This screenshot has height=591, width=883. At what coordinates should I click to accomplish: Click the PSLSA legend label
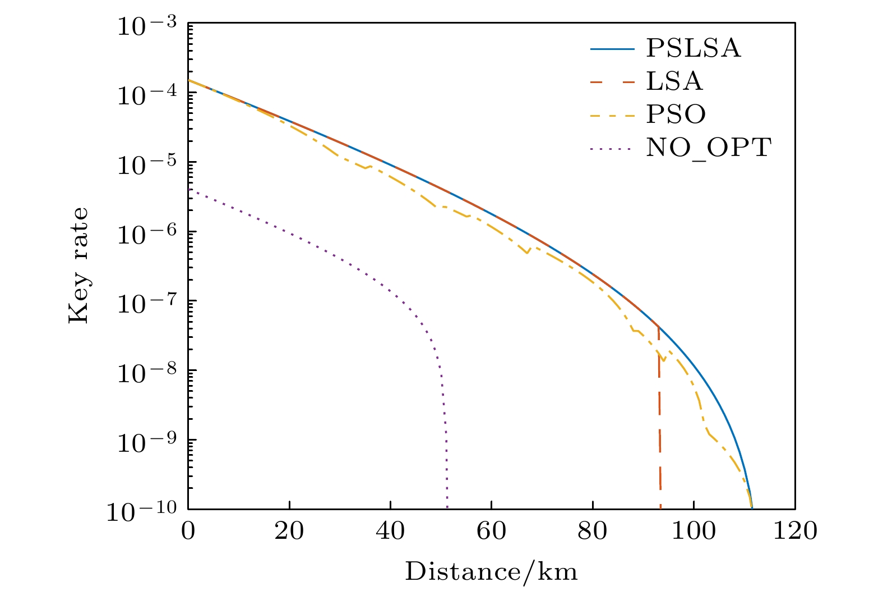point(693,49)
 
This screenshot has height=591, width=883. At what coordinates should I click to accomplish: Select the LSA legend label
point(674,82)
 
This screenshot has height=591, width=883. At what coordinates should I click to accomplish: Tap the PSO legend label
point(676,115)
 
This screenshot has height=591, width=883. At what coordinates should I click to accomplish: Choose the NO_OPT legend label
point(709,148)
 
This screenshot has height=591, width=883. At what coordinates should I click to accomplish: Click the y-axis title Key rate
point(78,265)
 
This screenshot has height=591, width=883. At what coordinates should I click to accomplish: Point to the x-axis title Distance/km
point(491,572)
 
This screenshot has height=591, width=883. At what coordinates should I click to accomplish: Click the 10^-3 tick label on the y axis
point(146,26)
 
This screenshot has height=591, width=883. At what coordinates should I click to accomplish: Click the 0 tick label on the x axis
point(188,530)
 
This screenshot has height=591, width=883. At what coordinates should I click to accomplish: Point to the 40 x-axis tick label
point(391,530)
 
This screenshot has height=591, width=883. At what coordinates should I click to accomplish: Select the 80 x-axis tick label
point(593,530)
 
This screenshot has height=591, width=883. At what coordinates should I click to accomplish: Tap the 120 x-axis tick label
point(794,530)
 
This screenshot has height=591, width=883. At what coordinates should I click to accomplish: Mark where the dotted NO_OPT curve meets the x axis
point(447,507)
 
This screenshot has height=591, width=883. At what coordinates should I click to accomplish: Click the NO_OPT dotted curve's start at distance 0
point(189,190)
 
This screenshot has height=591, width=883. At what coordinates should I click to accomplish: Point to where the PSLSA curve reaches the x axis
point(751,507)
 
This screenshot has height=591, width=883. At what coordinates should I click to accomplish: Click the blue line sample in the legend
point(612,49)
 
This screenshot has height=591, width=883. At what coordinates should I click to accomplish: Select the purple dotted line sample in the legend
point(612,149)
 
